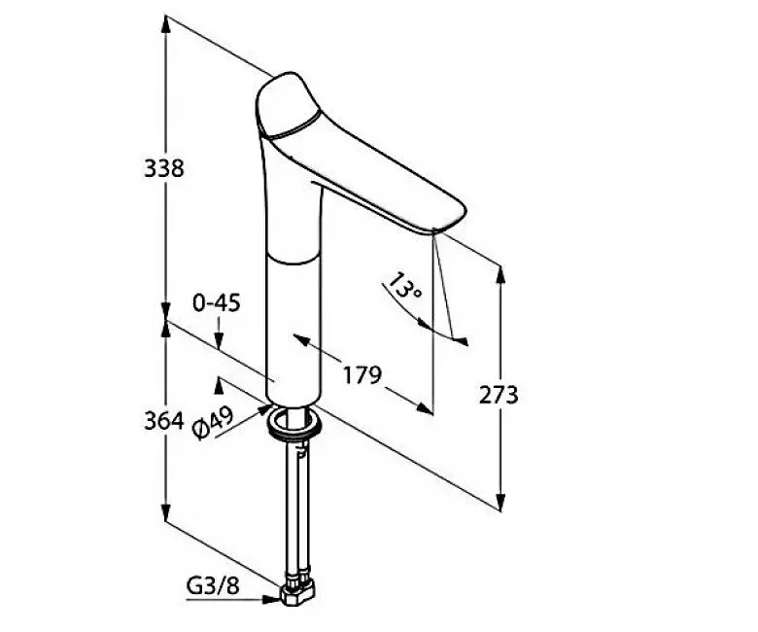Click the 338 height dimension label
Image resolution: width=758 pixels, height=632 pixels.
[164, 168]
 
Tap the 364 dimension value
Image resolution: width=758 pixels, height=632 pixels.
[164, 421]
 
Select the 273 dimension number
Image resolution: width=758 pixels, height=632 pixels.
[499, 395]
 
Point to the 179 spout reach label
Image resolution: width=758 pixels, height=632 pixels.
[362, 374]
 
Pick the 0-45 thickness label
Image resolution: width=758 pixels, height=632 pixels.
[216, 303]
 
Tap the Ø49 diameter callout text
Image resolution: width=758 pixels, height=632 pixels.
[213, 423]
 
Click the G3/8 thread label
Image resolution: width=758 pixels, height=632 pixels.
[213, 586]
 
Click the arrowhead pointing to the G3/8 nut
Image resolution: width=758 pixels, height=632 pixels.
[272, 600]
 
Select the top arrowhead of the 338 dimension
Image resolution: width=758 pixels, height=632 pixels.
[166, 24]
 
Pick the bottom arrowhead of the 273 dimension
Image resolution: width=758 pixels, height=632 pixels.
[500, 502]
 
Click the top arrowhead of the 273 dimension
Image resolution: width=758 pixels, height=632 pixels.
[500, 273]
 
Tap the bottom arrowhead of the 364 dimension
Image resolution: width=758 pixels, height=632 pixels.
[166, 513]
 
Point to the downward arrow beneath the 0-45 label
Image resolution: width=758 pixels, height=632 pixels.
[219, 333]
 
